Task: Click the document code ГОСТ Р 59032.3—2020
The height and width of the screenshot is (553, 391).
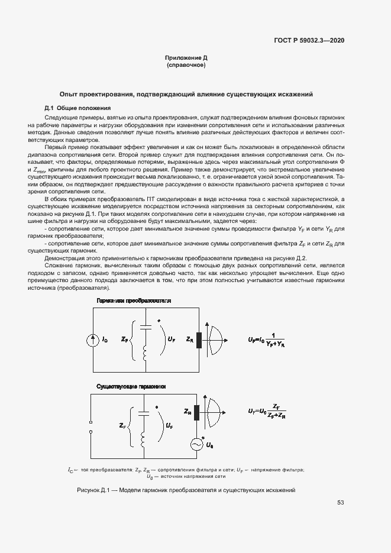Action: (309, 40)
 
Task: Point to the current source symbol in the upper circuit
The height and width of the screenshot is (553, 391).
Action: (93, 339)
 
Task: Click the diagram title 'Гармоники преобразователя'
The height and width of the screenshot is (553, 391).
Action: (134, 300)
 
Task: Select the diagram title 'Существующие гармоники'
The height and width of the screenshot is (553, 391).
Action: (131, 386)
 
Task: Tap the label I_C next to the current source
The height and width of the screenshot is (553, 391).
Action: (105, 339)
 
